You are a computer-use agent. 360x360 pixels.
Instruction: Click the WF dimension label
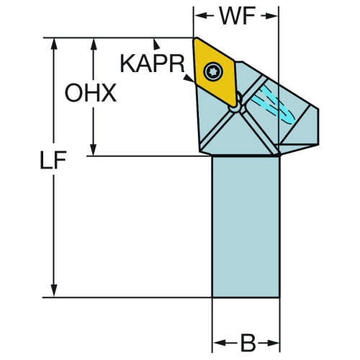tap(238, 16)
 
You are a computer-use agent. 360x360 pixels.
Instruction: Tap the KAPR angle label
tap(152, 63)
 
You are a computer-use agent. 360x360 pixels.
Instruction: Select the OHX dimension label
tap(91, 93)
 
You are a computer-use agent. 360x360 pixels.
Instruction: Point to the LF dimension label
tap(53, 160)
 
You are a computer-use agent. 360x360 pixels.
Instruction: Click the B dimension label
tap(248, 343)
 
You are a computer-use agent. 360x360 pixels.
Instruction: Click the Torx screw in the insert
tap(213, 71)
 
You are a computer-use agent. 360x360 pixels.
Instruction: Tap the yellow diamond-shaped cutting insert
tap(215, 71)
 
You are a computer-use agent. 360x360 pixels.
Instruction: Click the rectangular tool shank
tap(246, 227)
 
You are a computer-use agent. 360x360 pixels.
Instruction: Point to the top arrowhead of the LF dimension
tap(54, 44)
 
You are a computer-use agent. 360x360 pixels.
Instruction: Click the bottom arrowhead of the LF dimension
tap(54, 291)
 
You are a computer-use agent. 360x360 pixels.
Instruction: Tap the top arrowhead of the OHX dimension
tap(94, 44)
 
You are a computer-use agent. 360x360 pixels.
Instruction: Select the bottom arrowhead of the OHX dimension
tap(94, 150)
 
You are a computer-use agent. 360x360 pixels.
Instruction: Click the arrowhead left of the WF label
tap(200, 16)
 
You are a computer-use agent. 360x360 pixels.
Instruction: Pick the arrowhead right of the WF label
tap(272, 16)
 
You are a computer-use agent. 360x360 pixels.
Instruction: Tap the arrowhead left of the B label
tap(219, 343)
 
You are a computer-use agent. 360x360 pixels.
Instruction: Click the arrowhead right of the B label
tap(274, 343)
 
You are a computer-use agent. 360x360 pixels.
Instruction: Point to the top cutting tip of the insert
tap(195, 38)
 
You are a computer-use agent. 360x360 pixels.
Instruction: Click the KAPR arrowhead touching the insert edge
tap(189, 78)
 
